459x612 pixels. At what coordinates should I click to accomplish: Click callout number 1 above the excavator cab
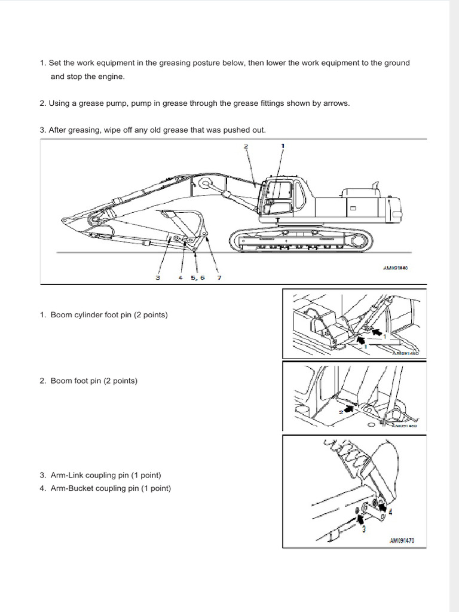283,145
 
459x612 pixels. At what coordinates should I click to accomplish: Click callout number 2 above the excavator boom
246,146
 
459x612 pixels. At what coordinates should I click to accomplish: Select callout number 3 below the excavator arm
158,277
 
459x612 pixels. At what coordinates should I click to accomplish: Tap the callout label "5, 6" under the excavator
197,277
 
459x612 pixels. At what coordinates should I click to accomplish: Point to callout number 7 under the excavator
219,277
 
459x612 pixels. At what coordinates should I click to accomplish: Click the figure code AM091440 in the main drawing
395,268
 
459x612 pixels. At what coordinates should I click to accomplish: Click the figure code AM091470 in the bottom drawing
402,541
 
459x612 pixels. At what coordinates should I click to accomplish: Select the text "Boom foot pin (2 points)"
94,381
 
